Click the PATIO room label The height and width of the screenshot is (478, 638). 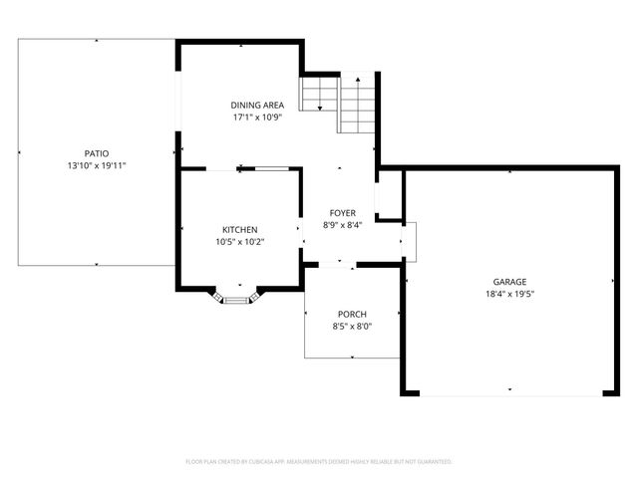96,153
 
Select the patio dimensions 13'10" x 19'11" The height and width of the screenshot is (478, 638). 96,165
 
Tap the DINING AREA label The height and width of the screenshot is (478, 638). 257,106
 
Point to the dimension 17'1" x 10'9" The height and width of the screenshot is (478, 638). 257,118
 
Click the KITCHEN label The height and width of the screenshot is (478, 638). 239,229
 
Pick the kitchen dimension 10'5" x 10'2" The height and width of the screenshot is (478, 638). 239,241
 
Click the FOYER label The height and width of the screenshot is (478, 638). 342,213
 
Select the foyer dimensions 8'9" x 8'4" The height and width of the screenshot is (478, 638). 342,225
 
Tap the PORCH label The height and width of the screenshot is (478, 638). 352,314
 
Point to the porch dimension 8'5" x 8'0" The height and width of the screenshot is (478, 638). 352,326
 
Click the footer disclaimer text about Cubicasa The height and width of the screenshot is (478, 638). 319,462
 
